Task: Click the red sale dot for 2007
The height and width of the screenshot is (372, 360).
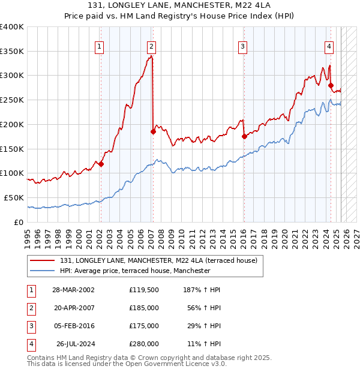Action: coord(153,132)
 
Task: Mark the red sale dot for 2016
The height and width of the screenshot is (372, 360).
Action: coord(244,137)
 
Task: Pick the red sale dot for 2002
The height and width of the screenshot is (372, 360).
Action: coord(101,164)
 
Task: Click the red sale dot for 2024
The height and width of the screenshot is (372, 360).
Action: coord(331,85)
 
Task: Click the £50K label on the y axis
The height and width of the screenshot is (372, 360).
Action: coord(14,197)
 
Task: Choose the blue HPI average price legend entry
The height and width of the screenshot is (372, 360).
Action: coord(135,271)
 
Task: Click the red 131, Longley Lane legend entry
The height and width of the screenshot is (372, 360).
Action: coord(158,260)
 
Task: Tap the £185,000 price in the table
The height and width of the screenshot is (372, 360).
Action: coord(144,307)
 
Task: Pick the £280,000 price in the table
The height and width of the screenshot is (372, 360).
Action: coord(144,344)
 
